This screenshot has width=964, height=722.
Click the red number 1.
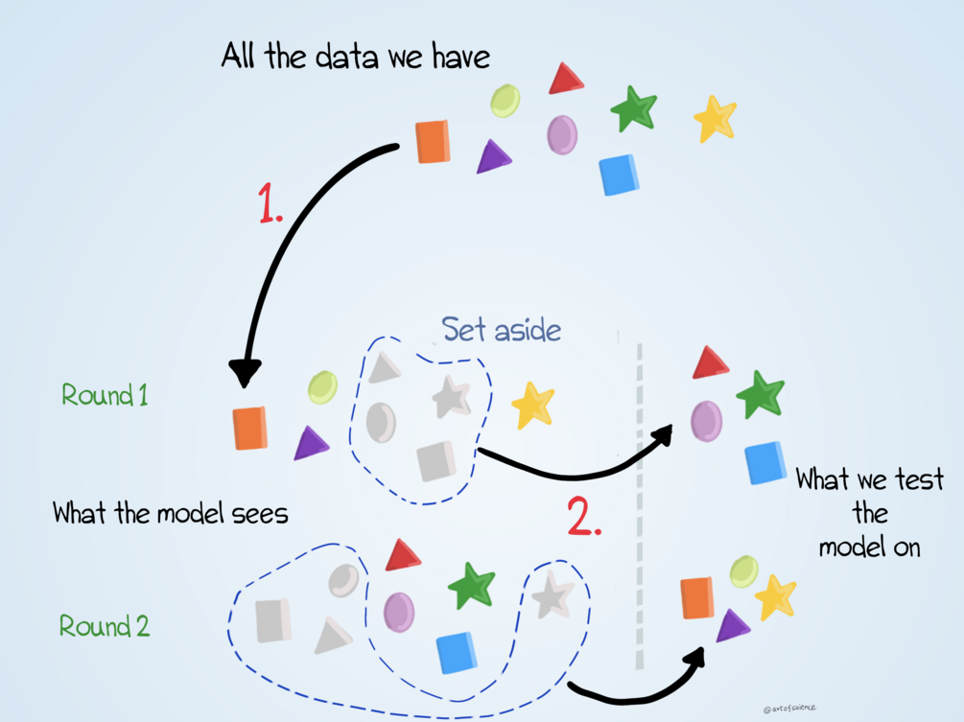[x=270, y=202]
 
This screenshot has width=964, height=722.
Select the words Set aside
[x=501, y=330]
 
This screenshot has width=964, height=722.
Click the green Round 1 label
[x=105, y=394]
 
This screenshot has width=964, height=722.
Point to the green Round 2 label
[x=105, y=626]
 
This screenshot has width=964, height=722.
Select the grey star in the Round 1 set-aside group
[x=451, y=396]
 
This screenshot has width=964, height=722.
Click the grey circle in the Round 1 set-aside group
[x=381, y=420]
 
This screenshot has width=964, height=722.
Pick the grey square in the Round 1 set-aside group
[x=435, y=460]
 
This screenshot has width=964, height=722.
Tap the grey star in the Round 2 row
[x=553, y=594]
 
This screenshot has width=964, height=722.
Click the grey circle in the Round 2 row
[x=343, y=579]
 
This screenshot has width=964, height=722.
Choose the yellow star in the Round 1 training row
[x=532, y=405]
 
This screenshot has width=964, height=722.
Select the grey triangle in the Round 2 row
[x=332, y=635]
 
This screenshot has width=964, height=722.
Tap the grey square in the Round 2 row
[x=273, y=618]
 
